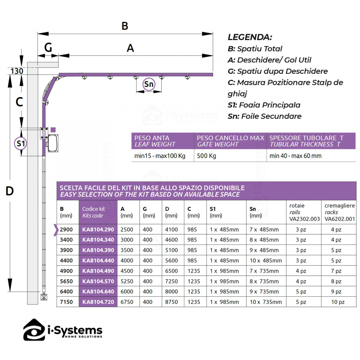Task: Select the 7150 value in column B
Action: (x=67, y=302)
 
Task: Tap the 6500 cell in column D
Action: (x=171, y=271)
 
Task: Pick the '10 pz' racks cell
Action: (x=338, y=302)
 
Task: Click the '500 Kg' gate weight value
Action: (x=205, y=156)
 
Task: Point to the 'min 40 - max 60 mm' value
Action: (x=296, y=156)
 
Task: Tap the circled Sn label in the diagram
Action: (x=149, y=84)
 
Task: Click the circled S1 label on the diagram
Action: (x=21, y=144)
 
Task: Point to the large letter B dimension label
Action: (x=125, y=26)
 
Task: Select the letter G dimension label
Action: (x=48, y=47)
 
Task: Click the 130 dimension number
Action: (x=17, y=71)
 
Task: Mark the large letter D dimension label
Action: (x=10, y=191)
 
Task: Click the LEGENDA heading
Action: (x=250, y=37)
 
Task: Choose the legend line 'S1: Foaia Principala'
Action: (x=264, y=105)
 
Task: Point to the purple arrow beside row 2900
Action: (x=56, y=230)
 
